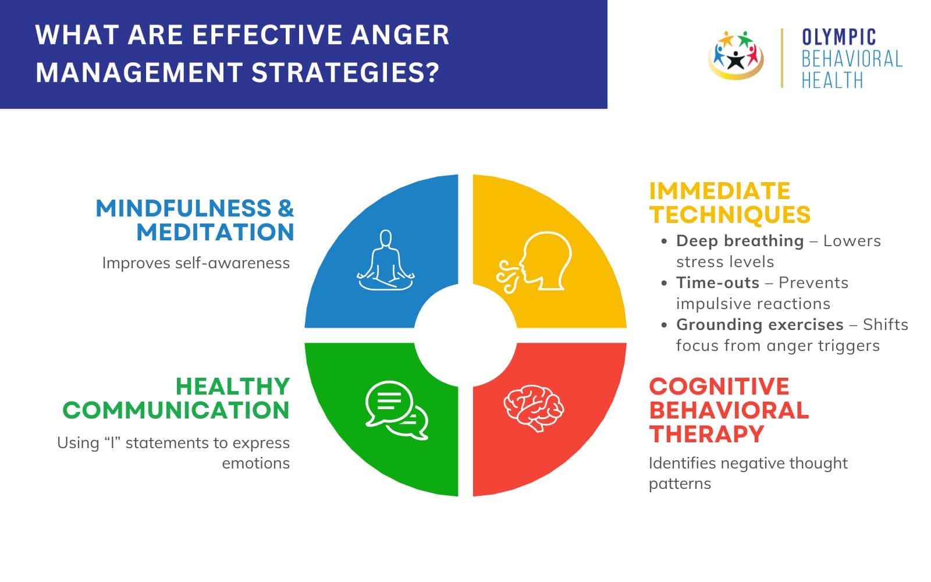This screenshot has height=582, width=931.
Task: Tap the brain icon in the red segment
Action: [x=534, y=407]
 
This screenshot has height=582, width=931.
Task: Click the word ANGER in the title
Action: [x=400, y=35]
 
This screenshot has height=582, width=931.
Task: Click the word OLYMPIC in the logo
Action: [x=838, y=38]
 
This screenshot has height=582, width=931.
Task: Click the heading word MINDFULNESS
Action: [x=183, y=208]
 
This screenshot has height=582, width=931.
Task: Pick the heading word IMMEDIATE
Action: [x=720, y=191]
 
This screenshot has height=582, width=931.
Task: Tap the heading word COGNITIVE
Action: [x=719, y=386]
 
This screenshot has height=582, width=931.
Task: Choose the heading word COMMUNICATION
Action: [x=176, y=410]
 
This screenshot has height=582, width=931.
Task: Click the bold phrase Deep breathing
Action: [x=740, y=241]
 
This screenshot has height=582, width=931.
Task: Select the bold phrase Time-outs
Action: [x=717, y=283]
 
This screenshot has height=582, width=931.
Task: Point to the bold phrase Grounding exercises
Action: [x=759, y=325]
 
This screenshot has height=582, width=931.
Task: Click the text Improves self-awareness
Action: [x=196, y=263]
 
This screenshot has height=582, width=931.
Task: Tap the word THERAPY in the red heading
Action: [x=706, y=434]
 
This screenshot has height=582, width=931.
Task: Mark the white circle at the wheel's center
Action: [x=465, y=335]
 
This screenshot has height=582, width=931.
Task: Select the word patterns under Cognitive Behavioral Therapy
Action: [x=680, y=484]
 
